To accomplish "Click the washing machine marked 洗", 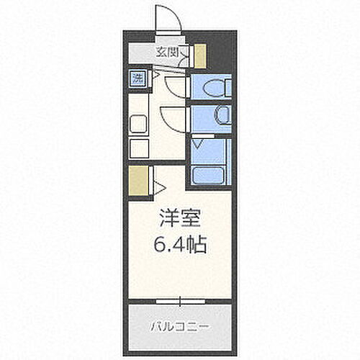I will [x=137, y=78].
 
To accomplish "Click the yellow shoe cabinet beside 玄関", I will [x=199, y=55].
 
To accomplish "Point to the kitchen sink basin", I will [x=138, y=124].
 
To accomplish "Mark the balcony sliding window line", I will [x=180, y=298].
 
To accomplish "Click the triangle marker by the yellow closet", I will [x=160, y=188].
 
